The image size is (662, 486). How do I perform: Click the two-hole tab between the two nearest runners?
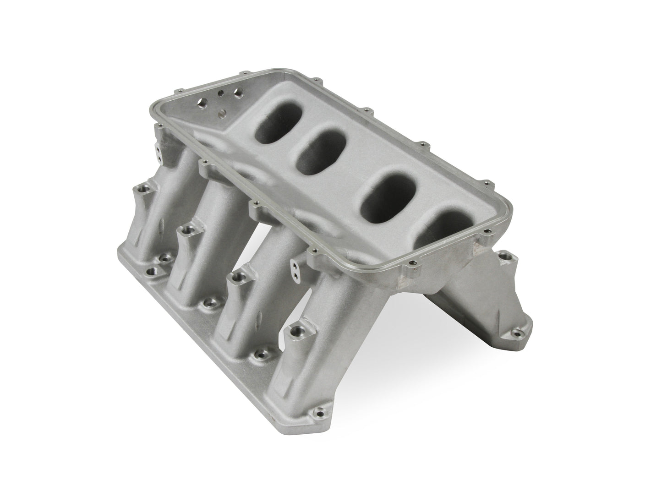tap(297, 265)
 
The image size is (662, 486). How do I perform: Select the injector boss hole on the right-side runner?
tap(505, 257)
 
